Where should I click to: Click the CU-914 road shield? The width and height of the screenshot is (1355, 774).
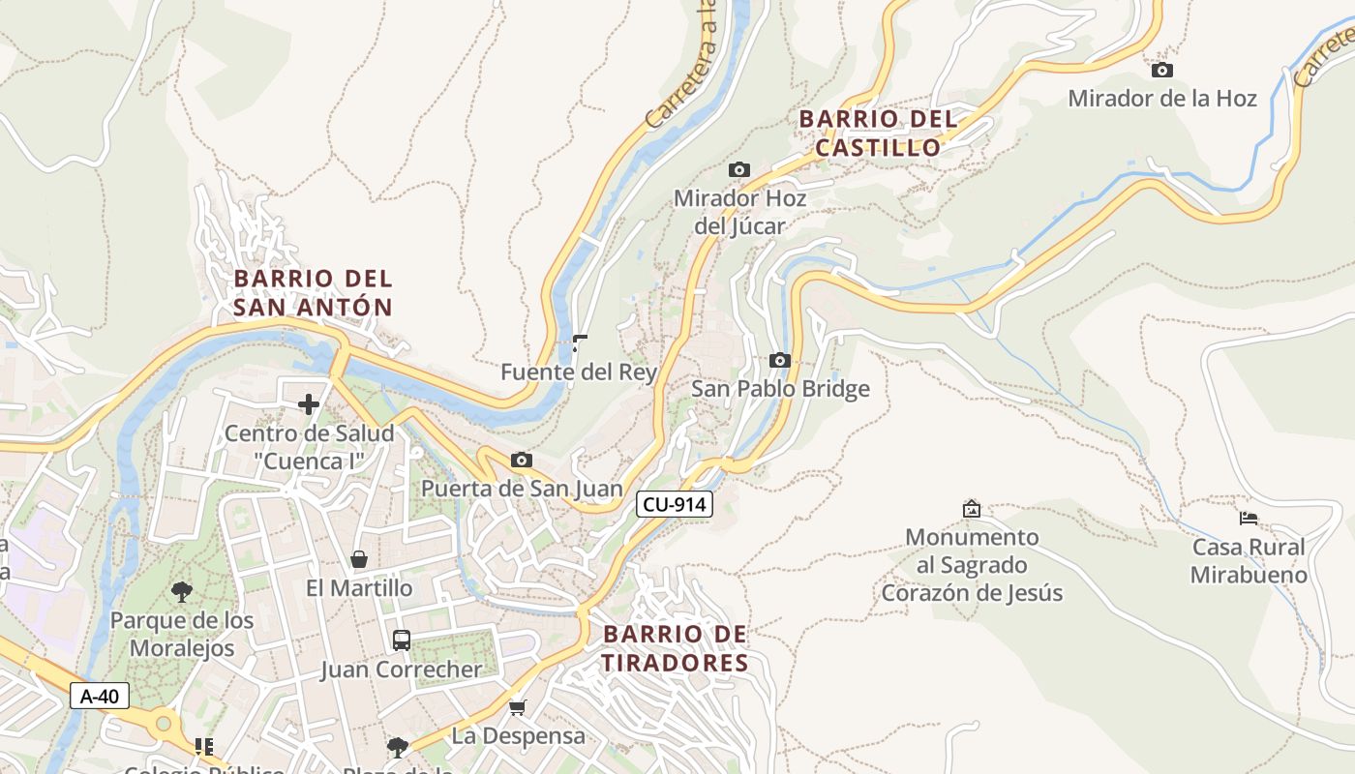(x=675, y=504)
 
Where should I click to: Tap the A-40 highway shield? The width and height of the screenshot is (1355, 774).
(x=100, y=696)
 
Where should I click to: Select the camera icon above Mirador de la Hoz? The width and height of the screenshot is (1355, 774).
(x=1162, y=70)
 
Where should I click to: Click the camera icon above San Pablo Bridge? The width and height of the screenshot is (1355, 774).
(x=779, y=361)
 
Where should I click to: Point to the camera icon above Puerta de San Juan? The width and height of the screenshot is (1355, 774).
(x=522, y=460)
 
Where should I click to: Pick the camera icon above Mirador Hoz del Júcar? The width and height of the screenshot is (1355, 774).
(x=739, y=170)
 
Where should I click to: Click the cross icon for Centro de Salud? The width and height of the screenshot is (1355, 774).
(x=309, y=404)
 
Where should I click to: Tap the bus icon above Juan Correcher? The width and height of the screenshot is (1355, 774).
(x=401, y=640)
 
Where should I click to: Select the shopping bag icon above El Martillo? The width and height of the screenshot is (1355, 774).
(x=359, y=559)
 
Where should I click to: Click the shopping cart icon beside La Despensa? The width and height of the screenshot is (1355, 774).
(x=518, y=707)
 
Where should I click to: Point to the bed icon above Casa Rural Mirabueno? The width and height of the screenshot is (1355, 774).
(x=1249, y=519)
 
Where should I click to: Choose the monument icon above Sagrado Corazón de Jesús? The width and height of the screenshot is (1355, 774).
(x=972, y=509)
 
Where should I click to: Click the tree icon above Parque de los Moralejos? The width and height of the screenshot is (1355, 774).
(x=182, y=592)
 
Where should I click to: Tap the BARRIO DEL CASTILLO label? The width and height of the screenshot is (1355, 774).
(x=878, y=134)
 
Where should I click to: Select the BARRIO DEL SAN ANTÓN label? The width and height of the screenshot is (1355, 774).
(x=314, y=293)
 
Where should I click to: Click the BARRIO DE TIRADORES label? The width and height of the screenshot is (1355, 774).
(x=676, y=648)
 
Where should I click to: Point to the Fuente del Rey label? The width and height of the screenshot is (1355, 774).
(x=579, y=372)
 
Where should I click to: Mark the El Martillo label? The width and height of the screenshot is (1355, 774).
(x=359, y=588)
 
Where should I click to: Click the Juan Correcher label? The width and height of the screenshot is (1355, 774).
(x=401, y=670)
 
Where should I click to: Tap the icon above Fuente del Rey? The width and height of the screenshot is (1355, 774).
(x=580, y=342)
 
